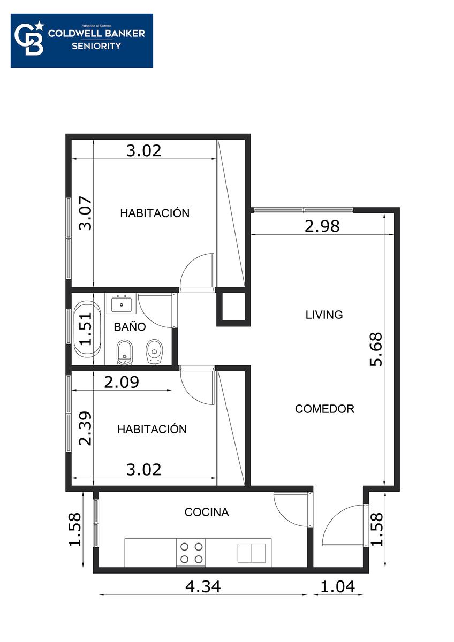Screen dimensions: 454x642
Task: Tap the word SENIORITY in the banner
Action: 96,46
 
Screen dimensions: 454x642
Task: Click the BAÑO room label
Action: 130,327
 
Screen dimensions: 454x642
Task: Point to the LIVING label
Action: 324,315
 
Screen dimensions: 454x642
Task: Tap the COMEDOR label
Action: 324,409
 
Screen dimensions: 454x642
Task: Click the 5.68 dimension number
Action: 376,349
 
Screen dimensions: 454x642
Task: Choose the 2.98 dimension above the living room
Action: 322,226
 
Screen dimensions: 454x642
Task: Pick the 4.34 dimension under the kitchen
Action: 203,586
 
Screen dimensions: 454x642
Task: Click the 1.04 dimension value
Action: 337,586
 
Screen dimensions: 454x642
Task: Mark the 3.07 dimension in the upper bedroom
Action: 86,213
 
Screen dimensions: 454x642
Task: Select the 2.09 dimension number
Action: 122,382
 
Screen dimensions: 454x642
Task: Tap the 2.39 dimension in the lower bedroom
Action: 86,429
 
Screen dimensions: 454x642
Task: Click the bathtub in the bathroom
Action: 87,329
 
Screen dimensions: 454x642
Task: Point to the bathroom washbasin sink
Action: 122,303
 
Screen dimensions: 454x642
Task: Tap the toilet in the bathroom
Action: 154,352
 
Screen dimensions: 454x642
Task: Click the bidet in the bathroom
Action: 125,353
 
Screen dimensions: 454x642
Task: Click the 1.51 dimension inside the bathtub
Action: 86,328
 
